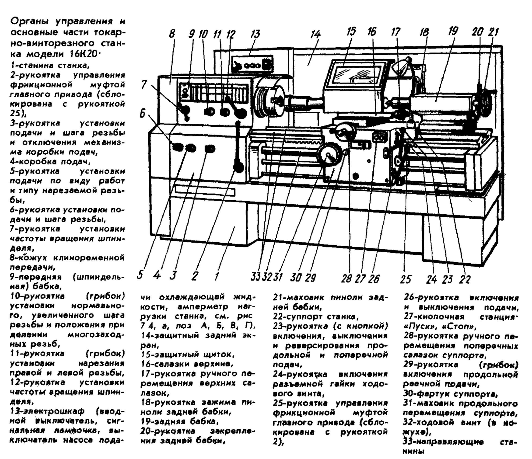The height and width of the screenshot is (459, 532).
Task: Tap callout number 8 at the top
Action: (x=172, y=34)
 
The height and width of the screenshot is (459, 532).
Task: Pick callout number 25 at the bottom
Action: (x=406, y=279)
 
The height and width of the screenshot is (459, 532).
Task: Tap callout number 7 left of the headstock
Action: (x=144, y=84)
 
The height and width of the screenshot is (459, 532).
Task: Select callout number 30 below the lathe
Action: (x=296, y=278)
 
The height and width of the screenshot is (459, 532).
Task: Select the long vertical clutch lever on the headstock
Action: (x=238, y=146)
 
